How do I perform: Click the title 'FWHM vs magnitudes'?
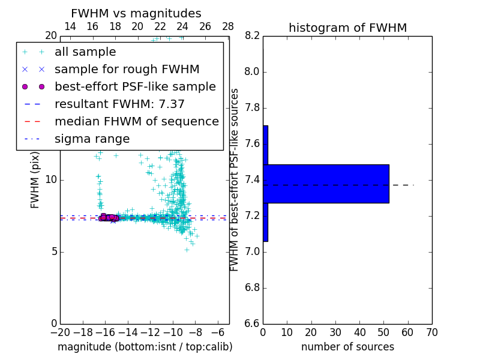click(136, 13)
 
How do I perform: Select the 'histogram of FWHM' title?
click(347, 28)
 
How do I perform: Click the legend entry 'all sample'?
click(85, 52)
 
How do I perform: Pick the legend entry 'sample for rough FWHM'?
click(127, 70)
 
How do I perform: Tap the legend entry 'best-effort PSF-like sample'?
click(135, 87)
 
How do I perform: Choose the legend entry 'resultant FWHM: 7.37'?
click(119, 104)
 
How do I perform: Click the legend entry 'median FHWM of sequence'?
click(136, 122)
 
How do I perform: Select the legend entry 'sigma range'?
click(92, 139)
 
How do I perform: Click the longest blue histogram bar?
click(326, 184)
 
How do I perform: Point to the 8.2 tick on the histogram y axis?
click(251, 36)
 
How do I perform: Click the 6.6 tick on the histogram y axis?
click(251, 323)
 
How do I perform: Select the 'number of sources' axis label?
click(347, 347)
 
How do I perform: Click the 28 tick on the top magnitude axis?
click(228, 26)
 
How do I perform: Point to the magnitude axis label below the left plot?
click(145, 347)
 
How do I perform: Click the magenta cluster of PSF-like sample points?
click(107, 217)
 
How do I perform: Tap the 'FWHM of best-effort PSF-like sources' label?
click(235, 180)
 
